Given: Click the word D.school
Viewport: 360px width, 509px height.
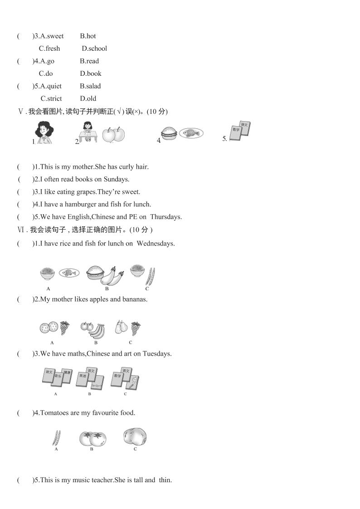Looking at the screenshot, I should click(94, 49).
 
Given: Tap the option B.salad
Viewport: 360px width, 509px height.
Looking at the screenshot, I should click(90, 86).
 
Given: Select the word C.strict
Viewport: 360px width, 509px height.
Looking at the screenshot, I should click(51, 98).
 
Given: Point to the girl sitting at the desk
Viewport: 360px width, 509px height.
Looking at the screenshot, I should click(88, 132).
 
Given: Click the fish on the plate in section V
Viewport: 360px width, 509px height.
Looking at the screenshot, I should click(191, 133).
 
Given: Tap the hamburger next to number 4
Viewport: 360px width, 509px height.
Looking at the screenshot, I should click(169, 133).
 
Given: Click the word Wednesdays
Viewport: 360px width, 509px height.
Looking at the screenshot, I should click(156, 244).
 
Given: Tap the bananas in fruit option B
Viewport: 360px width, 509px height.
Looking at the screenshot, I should click(96, 331).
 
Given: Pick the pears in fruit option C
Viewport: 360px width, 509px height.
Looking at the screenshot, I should click(121, 328).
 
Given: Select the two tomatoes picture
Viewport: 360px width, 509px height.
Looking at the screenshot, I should click(92, 438).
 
